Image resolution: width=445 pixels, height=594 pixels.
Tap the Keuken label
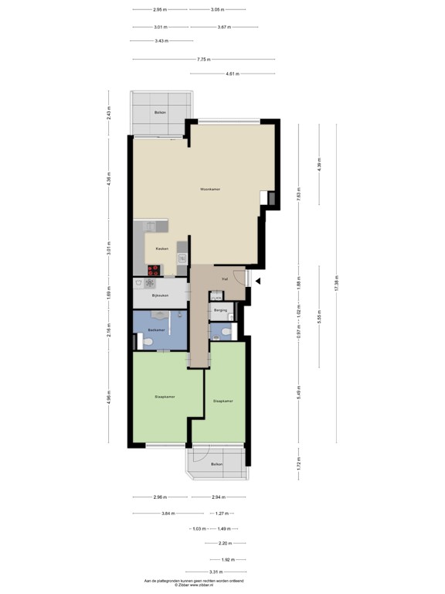(x=162, y=248)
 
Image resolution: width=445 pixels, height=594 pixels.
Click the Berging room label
(x=221, y=310)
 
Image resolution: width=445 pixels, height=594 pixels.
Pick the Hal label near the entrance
(x=224, y=278)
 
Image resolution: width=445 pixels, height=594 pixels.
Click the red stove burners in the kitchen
(x=155, y=270)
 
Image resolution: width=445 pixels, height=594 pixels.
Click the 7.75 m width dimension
(x=204, y=60)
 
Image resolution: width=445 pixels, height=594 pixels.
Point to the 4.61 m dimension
(x=233, y=73)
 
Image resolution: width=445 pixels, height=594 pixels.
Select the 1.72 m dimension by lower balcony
(x=298, y=465)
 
